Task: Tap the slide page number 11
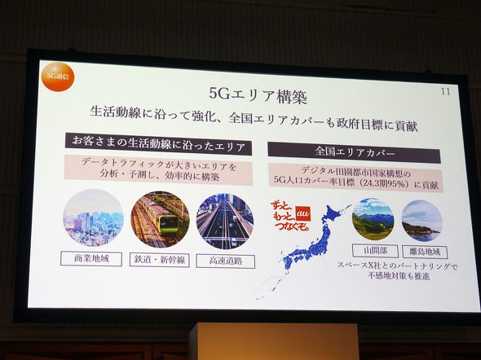(444, 91)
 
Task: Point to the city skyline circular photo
(92, 218)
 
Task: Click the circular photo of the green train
(159, 218)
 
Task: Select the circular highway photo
(225, 221)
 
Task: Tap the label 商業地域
(90, 259)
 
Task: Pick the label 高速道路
(226, 261)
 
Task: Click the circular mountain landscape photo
(373, 218)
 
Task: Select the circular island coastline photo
(421, 220)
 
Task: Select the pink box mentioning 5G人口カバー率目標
(355, 179)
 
